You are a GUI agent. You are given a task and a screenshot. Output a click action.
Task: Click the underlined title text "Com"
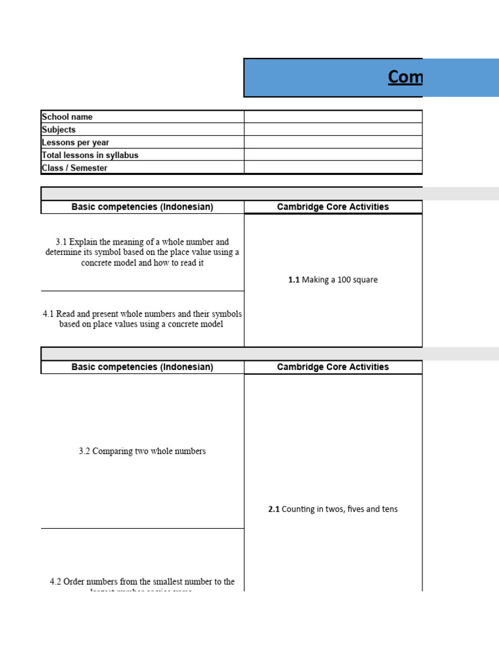[x=405, y=77]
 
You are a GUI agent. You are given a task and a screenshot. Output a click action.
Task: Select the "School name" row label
[x=67, y=117]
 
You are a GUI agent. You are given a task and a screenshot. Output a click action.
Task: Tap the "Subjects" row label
[x=58, y=129]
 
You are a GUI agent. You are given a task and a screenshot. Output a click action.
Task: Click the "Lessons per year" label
[x=75, y=142]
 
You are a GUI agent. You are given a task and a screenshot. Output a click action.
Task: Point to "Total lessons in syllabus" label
[x=90, y=155]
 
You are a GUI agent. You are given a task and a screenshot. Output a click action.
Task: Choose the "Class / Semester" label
[x=75, y=168]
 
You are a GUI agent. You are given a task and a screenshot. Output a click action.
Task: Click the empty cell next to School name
[x=333, y=117]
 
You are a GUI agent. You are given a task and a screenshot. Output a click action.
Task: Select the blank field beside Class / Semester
[x=333, y=168]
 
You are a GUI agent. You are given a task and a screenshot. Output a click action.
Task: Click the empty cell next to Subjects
[x=333, y=129]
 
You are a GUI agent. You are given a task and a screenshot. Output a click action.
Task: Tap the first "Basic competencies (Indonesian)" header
[x=142, y=207]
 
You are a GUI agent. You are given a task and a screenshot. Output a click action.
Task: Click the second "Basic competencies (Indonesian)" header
[x=142, y=367]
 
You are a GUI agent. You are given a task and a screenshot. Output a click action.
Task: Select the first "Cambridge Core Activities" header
[x=333, y=207]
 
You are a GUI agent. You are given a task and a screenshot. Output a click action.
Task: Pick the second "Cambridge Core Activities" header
[x=333, y=367]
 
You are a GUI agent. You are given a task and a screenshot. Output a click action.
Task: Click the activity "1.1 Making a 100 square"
[x=333, y=280]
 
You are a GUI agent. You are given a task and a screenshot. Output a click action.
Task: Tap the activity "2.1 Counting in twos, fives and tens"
[x=333, y=509]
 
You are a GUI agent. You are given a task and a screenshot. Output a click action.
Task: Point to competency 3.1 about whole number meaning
[x=142, y=252]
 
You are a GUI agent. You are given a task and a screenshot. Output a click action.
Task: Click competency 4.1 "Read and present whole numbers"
[x=142, y=319]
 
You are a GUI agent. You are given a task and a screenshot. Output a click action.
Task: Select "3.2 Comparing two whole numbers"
[x=142, y=451]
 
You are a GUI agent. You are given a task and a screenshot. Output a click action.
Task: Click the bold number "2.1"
[x=274, y=509]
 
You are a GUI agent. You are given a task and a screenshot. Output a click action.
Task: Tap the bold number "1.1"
[x=294, y=280]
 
